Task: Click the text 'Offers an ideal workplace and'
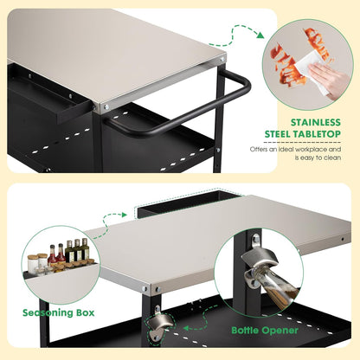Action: coord(295,149)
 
